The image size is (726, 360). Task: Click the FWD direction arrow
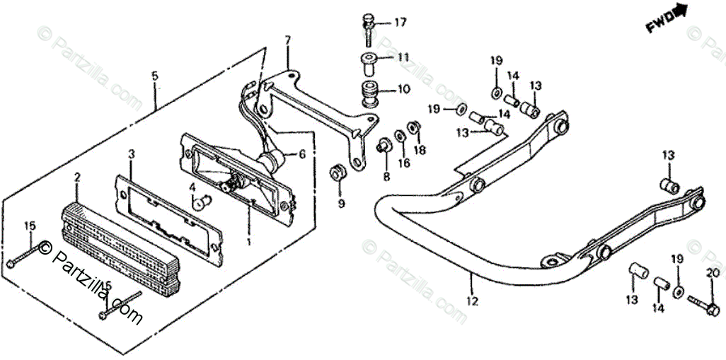pos(667,19)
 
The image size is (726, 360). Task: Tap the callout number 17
pos(401,23)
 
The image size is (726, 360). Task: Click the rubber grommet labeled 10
pos(369,92)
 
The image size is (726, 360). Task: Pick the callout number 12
pos(473,301)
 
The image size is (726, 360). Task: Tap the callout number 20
pos(712,274)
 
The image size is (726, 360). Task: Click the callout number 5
pos(155,75)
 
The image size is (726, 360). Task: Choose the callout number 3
pos(131,153)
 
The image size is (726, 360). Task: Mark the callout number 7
pos(287,40)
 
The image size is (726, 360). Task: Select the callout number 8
pos(386,175)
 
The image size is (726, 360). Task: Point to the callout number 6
pos(301,153)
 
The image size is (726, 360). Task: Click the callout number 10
pos(403,89)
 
